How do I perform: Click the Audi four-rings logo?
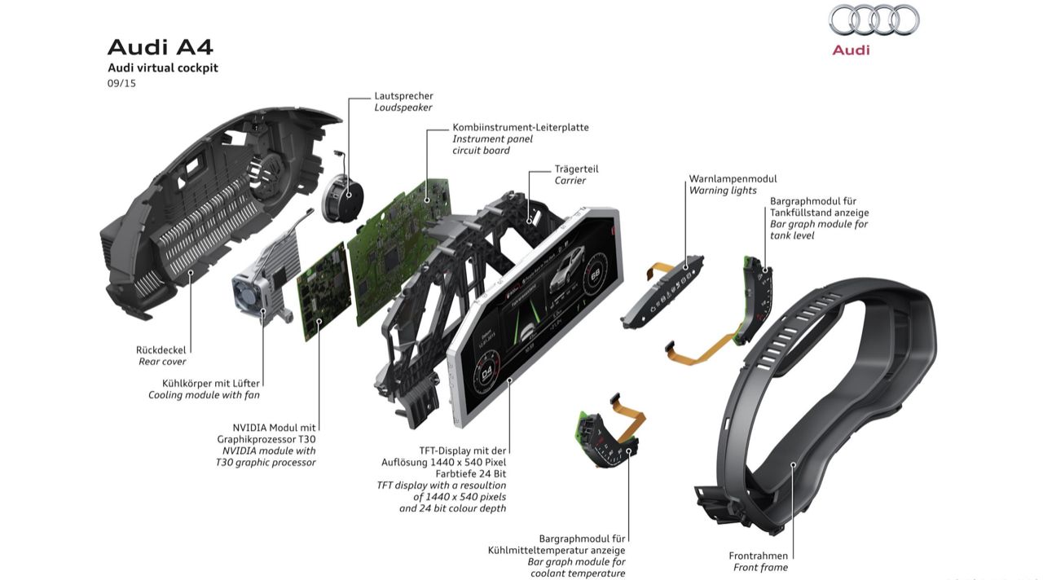point(874,20)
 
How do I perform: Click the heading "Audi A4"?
point(161,47)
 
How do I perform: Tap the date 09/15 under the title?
point(121,83)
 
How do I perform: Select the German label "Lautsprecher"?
point(403,95)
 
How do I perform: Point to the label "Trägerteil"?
point(576,169)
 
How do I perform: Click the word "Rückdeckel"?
point(161,350)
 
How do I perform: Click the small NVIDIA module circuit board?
point(324,292)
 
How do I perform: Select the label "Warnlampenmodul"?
point(733,178)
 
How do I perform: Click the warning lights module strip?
point(663,292)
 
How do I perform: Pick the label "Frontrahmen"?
point(758,556)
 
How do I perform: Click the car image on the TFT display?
point(566,270)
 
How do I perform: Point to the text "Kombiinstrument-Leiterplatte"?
point(521,127)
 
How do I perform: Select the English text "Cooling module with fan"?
point(204,395)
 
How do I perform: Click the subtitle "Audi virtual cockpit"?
point(163,68)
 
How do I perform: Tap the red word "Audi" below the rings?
point(851,50)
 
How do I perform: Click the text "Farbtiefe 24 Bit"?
point(471,474)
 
